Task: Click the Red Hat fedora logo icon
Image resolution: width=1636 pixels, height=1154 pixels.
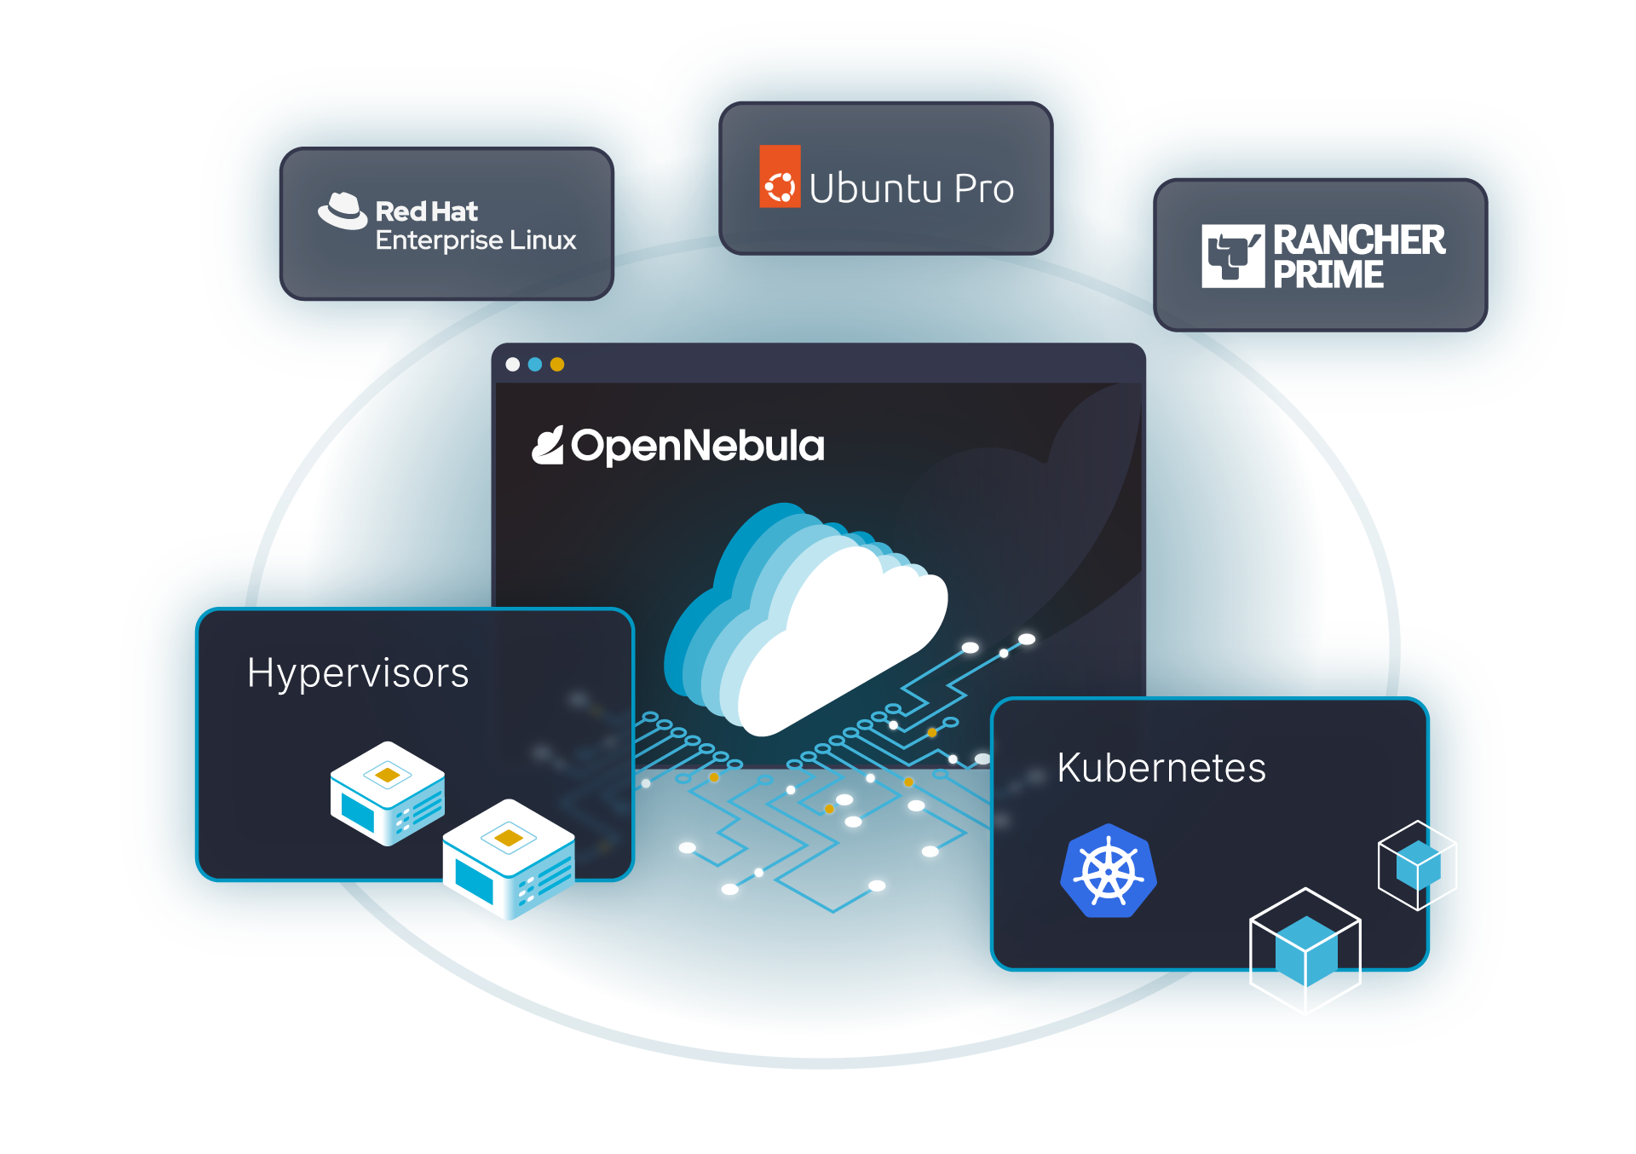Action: click(343, 211)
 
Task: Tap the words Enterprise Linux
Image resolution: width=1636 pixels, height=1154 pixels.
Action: click(475, 240)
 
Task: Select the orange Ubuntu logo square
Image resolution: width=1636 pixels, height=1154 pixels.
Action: click(780, 176)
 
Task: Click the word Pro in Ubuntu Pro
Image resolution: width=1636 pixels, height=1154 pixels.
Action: click(984, 188)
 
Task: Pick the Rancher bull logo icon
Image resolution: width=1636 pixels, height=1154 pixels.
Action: click(1232, 256)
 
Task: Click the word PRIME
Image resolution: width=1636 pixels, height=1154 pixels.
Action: click(1328, 274)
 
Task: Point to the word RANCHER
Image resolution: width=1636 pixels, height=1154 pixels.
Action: click(1358, 239)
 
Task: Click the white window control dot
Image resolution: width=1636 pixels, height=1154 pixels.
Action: click(512, 365)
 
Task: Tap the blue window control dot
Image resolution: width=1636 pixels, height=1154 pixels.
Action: click(535, 365)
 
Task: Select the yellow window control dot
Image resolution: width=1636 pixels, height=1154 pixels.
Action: click(557, 365)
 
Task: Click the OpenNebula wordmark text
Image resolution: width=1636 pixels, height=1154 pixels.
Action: click(697, 446)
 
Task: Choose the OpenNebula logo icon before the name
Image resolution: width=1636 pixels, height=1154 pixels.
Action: click(548, 446)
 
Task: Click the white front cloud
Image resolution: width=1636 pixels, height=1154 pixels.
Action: click(844, 639)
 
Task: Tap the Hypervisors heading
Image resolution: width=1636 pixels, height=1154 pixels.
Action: click(358, 672)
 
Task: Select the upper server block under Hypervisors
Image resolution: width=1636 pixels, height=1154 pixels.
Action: click(388, 793)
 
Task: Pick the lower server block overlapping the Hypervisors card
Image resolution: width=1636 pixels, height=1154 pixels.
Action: click(509, 858)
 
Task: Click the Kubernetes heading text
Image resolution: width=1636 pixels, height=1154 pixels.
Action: click(1161, 767)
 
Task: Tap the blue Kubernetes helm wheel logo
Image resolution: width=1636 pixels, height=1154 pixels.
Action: click(1109, 871)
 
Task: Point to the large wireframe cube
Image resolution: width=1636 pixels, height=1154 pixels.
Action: click(1305, 951)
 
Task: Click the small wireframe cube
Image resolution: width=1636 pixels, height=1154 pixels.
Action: click(1418, 865)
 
